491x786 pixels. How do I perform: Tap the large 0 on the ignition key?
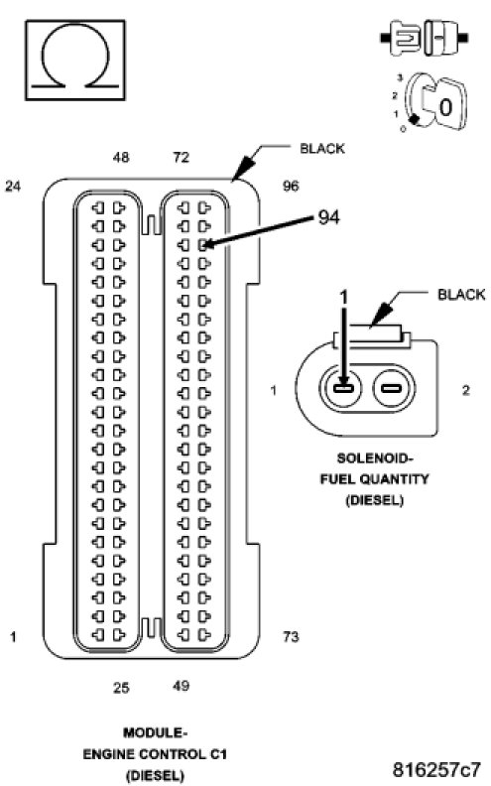445,107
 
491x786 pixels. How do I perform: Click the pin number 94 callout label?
328,217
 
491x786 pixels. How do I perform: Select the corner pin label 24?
13,186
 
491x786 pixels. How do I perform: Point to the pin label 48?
121,158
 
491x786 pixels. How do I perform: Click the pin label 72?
181,158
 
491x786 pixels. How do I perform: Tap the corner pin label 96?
291,186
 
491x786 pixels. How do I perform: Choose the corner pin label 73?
291,636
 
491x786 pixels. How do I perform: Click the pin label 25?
121,687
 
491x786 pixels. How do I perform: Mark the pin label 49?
181,685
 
